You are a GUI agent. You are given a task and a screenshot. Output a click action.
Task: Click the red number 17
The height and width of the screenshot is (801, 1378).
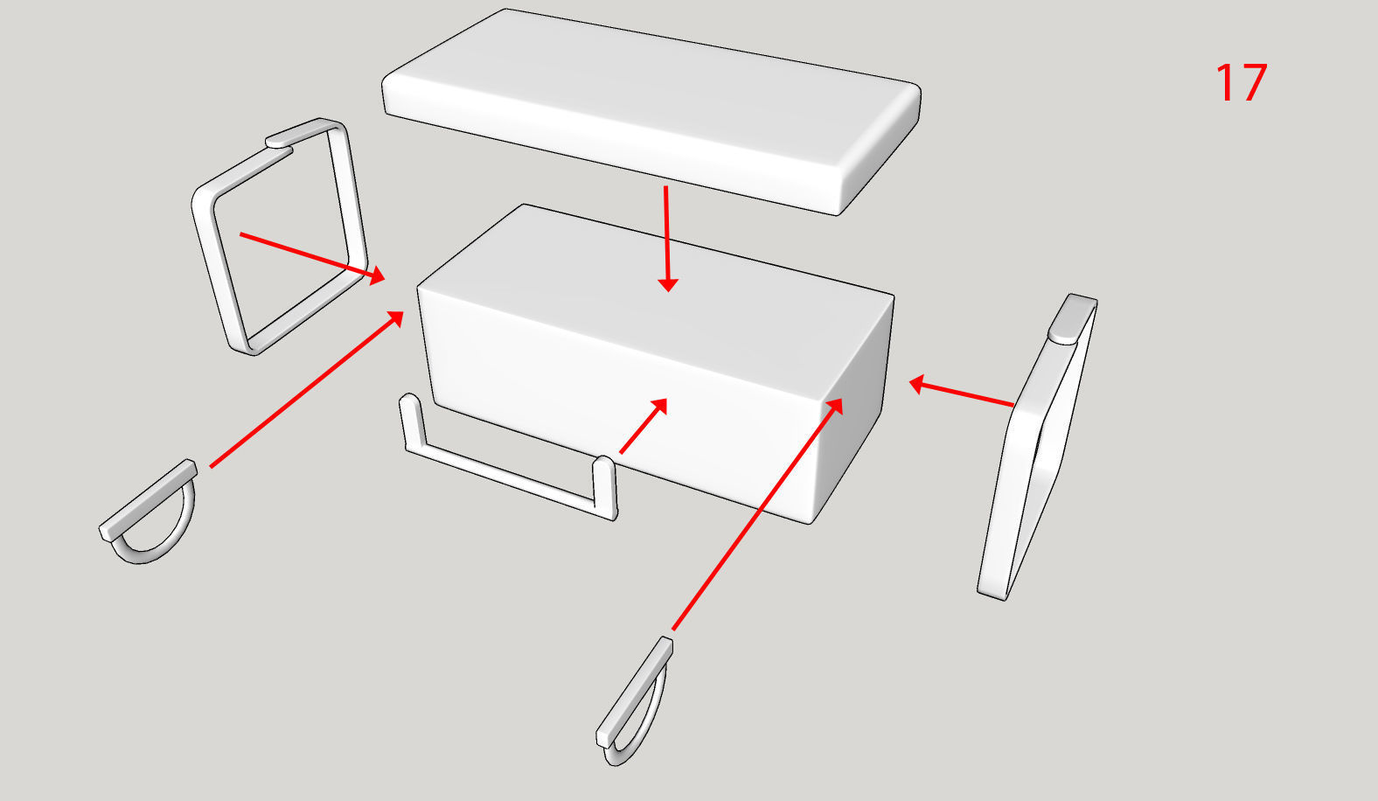[1242, 82]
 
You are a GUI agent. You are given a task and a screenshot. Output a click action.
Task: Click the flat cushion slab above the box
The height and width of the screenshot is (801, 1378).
[651, 111]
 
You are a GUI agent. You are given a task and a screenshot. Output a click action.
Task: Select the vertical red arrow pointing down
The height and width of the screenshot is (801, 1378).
[667, 239]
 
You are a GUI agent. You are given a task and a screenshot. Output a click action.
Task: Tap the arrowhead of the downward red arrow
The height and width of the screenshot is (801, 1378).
[668, 284]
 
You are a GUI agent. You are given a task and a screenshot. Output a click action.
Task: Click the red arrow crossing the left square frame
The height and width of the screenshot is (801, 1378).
[312, 258]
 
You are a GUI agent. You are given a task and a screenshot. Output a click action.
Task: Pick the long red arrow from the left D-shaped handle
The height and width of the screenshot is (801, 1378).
[306, 389]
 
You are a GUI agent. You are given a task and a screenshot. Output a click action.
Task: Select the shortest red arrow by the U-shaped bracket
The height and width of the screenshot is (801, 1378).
[644, 426]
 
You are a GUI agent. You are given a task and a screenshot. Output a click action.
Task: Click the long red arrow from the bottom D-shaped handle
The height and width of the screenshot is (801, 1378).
[757, 514]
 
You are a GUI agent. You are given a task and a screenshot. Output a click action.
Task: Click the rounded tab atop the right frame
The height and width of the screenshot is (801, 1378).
[1072, 318]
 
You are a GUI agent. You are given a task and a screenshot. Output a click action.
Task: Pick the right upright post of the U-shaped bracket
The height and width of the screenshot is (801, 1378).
[605, 486]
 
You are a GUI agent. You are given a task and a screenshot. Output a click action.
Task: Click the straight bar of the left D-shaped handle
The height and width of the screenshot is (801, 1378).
[149, 501]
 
